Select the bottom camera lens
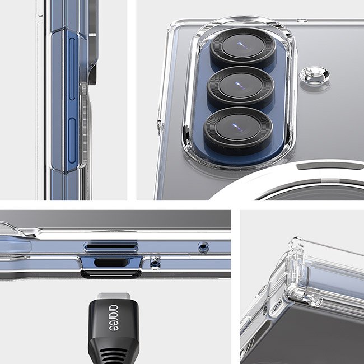[238, 128]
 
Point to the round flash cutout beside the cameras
[315, 75]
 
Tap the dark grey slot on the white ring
[330, 166]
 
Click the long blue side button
[72, 68]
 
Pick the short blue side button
[72, 141]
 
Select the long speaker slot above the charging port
[111, 247]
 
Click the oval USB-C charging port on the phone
[111, 262]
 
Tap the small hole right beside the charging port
[155, 263]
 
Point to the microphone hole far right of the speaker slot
[203, 246]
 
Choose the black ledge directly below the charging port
[111, 274]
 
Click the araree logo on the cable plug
[114, 318]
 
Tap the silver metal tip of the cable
[114, 296]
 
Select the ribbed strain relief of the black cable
[114, 352]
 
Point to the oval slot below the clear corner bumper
[278, 307]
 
